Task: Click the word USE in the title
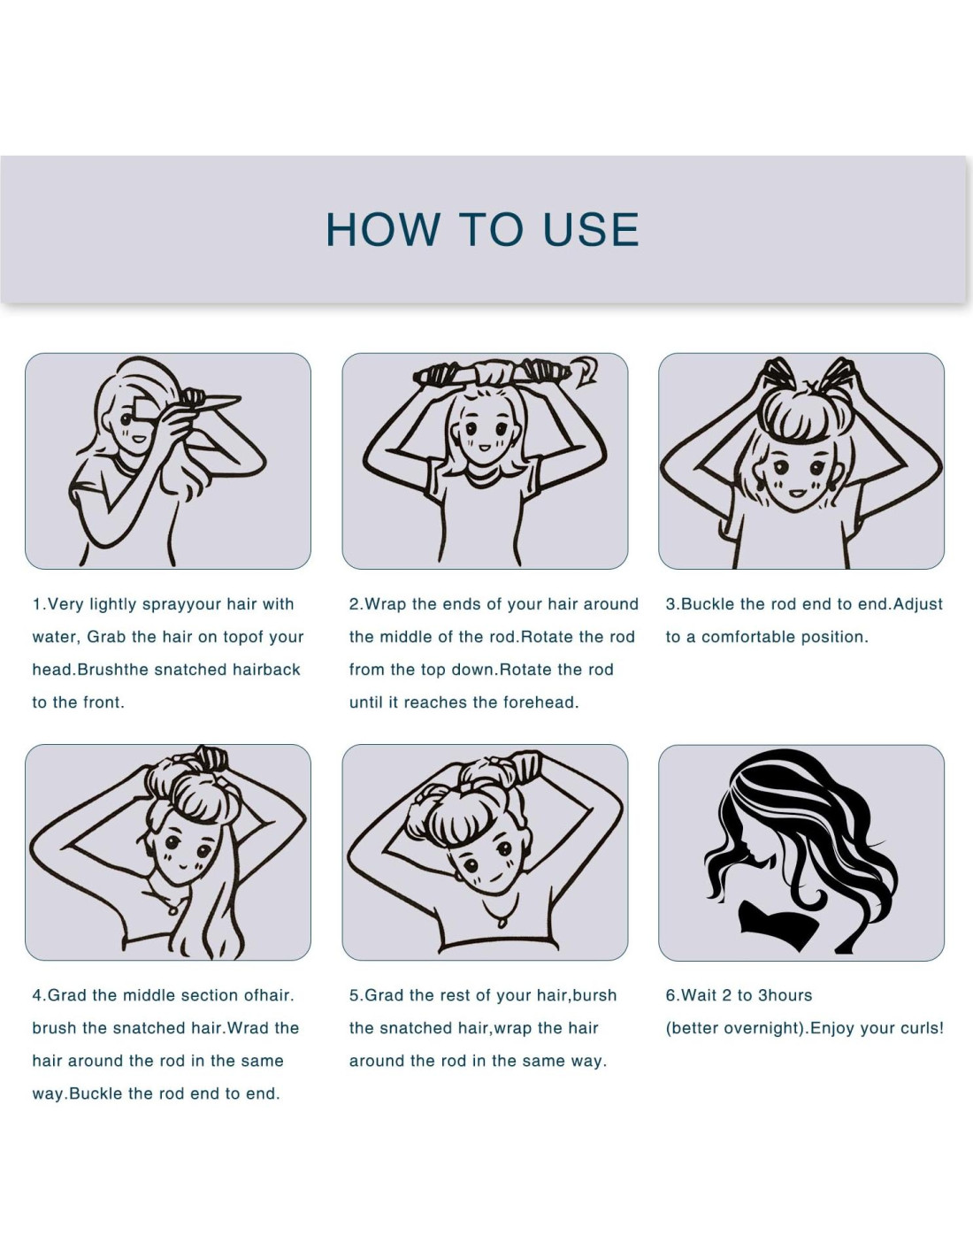tap(591, 229)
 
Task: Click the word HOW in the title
tap(383, 229)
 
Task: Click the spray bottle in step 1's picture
tap(210, 399)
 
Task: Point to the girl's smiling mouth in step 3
tap(798, 494)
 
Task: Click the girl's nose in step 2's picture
tap(484, 438)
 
